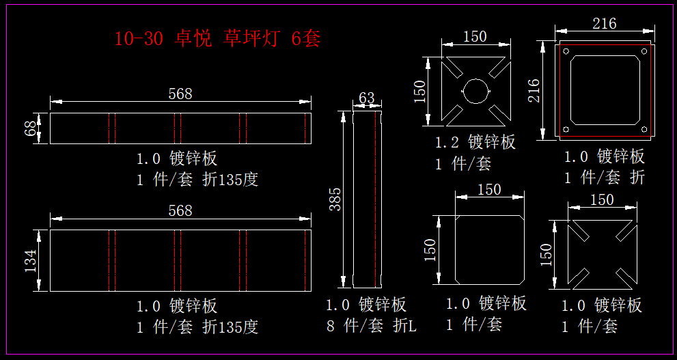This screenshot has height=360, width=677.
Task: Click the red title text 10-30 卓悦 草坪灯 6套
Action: [217, 39]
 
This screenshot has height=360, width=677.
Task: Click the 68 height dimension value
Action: [30, 128]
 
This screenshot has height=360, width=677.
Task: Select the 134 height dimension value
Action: [30, 260]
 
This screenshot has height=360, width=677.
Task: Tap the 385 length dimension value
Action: [335, 199]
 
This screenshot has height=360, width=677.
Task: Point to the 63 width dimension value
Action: [367, 98]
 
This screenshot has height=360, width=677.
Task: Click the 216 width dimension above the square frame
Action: [604, 24]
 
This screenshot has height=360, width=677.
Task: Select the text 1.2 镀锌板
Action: [475, 142]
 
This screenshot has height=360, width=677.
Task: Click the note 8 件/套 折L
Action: [371, 326]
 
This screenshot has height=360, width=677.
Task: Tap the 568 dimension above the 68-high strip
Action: [180, 94]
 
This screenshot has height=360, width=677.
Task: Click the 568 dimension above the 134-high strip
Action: [180, 210]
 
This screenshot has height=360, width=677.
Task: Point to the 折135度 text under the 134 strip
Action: [230, 327]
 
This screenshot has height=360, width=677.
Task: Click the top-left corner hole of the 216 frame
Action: [566, 51]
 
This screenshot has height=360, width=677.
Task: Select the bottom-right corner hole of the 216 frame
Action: [644, 128]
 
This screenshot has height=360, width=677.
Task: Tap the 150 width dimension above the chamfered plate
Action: [489, 189]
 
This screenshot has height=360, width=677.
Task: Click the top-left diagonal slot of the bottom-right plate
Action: [581, 231]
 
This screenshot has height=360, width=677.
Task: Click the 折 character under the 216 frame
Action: [637, 178]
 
